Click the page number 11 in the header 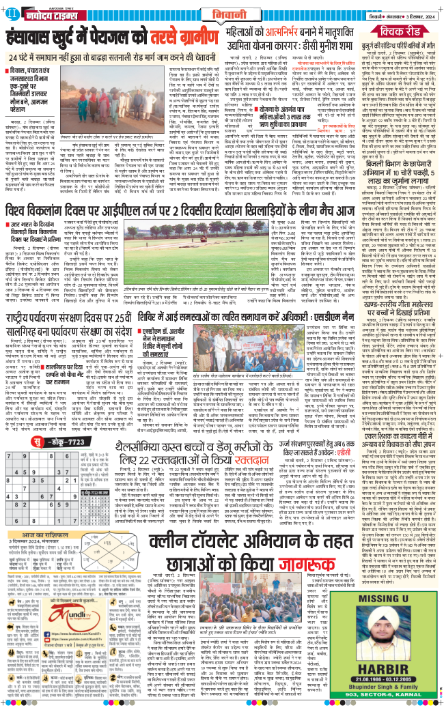(x=9, y=13)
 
